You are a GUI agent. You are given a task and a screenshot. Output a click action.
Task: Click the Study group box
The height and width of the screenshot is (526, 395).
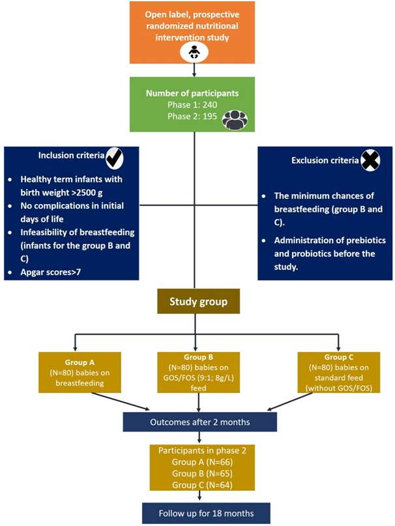tap(198, 302)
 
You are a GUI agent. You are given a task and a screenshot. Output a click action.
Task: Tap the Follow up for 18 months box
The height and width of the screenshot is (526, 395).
tap(197, 512)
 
